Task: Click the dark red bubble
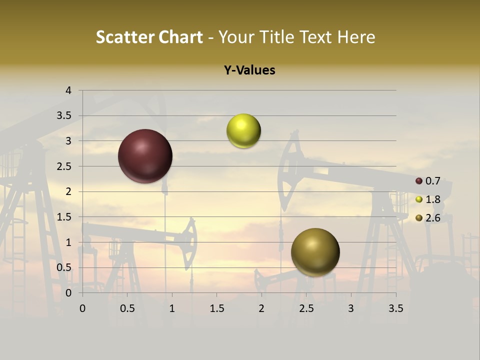[145, 156]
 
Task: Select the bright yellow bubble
[243, 131]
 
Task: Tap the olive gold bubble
[315, 252]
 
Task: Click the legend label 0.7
[432, 181]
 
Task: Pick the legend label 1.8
[432, 199]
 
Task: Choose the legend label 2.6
[432, 218]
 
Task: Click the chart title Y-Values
[249, 70]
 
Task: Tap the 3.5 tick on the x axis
[395, 308]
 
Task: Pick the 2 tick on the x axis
[261, 308]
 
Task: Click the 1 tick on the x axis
[172, 308]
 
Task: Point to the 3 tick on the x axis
[351, 308]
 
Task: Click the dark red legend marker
[419, 181]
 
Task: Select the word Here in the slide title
[356, 37]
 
